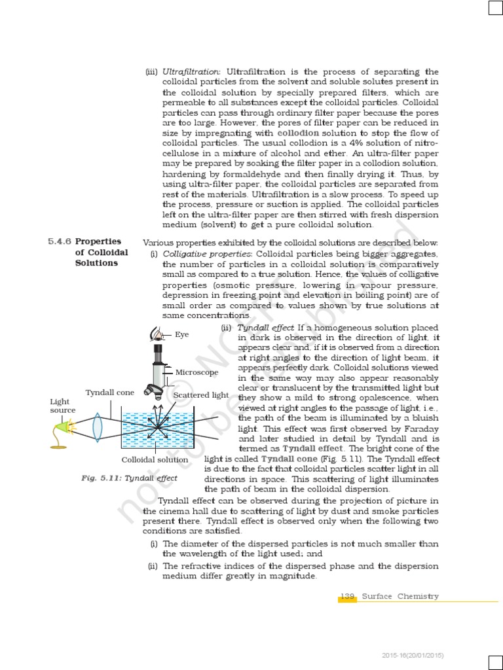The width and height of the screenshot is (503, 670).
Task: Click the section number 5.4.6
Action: [60, 242]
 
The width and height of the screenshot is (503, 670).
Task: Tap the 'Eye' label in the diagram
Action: [181, 334]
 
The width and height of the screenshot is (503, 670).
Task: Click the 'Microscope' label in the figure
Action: [196, 372]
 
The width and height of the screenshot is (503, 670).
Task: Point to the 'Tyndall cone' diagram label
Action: [110, 393]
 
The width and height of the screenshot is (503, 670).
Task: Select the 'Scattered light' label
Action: [201, 395]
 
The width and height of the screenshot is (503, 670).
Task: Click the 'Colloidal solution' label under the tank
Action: [155, 459]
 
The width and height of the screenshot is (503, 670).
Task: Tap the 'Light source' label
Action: [63, 406]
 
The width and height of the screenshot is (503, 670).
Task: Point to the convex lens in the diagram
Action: [97, 425]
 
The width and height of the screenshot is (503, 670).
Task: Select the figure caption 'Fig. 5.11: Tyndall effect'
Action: [130, 478]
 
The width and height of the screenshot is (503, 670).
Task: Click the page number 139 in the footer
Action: [347, 596]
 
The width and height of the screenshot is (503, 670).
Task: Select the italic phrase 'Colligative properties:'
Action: [208, 253]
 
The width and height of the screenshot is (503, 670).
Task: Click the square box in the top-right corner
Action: [494, 8]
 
